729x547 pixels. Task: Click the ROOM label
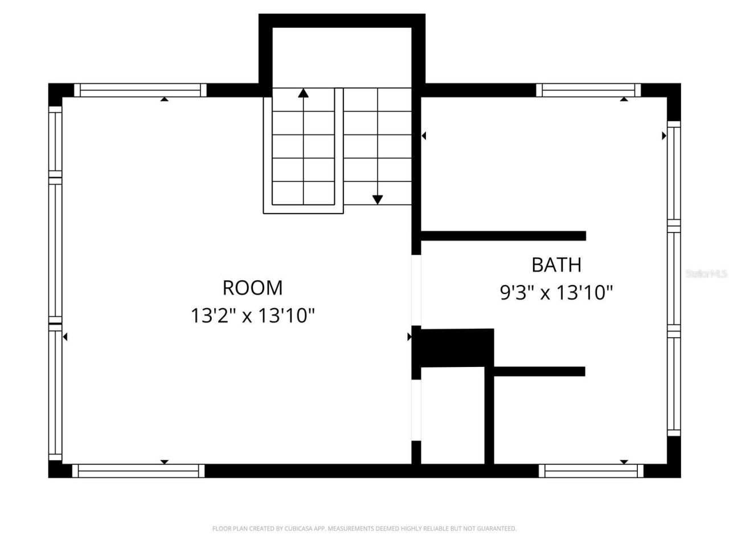click(x=252, y=288)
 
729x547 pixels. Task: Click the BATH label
click(x=556, y=265)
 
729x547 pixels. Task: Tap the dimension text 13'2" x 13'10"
click(x=252, y=315)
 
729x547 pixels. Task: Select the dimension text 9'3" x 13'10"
click(x=556, y=293)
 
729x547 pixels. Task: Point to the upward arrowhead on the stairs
click(x=304, y=92)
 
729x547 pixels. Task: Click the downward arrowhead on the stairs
click(x=378, y=199)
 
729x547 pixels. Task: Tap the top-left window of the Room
click(x=141, y=90)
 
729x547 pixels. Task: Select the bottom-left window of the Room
click(x=138, y=471)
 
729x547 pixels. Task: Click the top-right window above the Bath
click(x=588, y=90)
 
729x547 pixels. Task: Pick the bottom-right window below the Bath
click(x=591, y=471)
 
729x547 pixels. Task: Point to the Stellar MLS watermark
click(x=706, y=274)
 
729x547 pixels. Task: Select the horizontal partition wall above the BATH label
click(x=503, y=236)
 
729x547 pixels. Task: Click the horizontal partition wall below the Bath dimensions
click(x=539, y=372)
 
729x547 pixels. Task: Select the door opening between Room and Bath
click(x=416, y=289)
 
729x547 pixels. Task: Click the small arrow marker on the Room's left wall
click(x=65, y=337)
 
